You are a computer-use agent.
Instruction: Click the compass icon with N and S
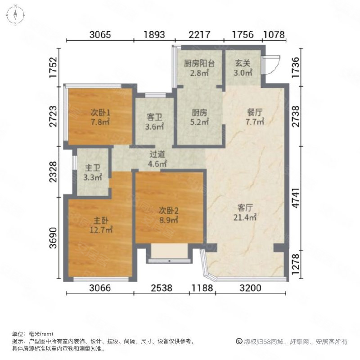[15, 14]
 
